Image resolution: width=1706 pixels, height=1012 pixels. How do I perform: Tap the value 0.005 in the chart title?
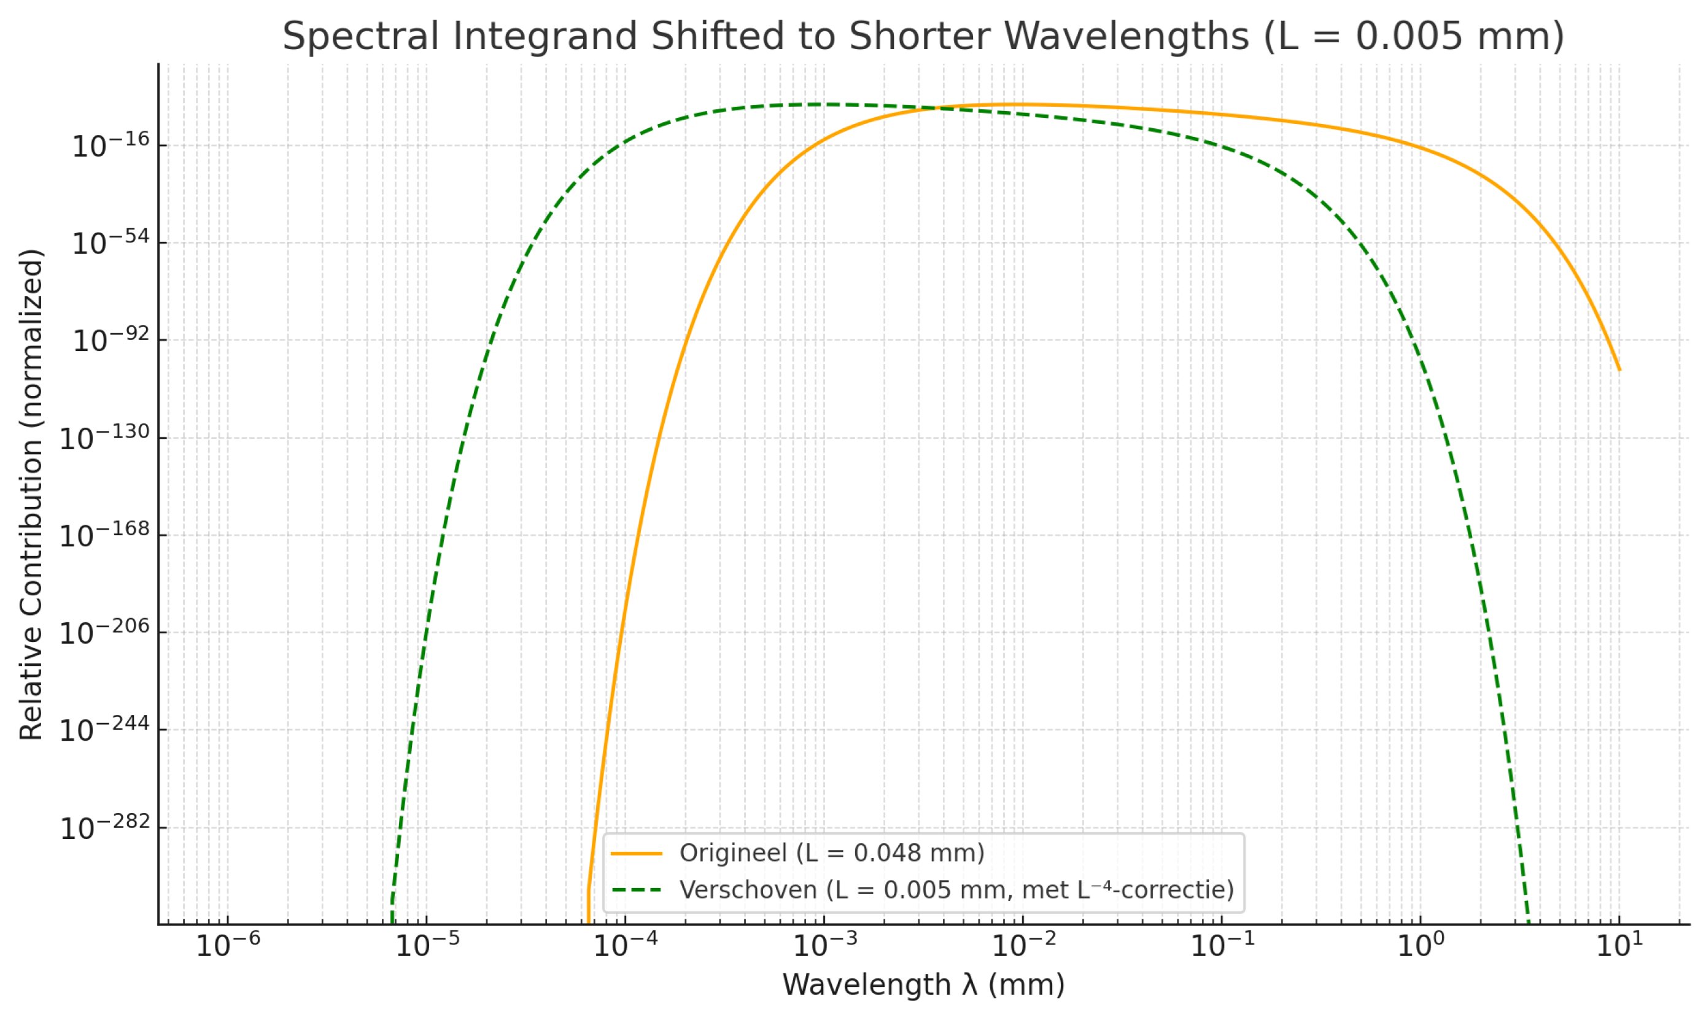pos(1409,36)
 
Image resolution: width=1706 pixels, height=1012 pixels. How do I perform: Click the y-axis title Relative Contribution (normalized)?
pos(31,495)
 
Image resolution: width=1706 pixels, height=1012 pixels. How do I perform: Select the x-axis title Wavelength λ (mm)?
pos(923,985)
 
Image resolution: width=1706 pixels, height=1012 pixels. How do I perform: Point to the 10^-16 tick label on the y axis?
pos(111,146)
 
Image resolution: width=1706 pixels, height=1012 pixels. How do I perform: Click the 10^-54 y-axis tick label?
pos(111,244)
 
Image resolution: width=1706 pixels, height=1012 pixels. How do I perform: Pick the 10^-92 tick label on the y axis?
pos(111,340)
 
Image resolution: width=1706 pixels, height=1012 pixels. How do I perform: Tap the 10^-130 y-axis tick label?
pos(104,438)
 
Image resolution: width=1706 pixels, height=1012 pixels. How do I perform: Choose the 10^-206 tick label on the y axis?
pos(104,633)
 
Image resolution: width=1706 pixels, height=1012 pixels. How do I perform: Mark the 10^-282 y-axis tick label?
pos(104,828)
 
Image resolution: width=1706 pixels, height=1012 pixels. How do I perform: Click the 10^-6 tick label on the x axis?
pos(228,945)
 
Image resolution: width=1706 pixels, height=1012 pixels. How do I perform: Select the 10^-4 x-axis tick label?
pos(626,945)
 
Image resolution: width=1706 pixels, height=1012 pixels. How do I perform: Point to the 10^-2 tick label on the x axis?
pos(1023,945)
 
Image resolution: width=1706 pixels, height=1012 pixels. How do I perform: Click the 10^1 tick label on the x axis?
pos(1619,945)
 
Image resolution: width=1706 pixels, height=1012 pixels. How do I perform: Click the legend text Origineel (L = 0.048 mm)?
pos(831,853)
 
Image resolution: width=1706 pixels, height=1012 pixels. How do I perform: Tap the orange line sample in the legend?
pos(637,853)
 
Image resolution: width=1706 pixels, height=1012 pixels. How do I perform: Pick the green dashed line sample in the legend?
pos(637,890)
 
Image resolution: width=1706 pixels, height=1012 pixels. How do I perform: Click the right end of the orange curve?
pos(1619,369)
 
